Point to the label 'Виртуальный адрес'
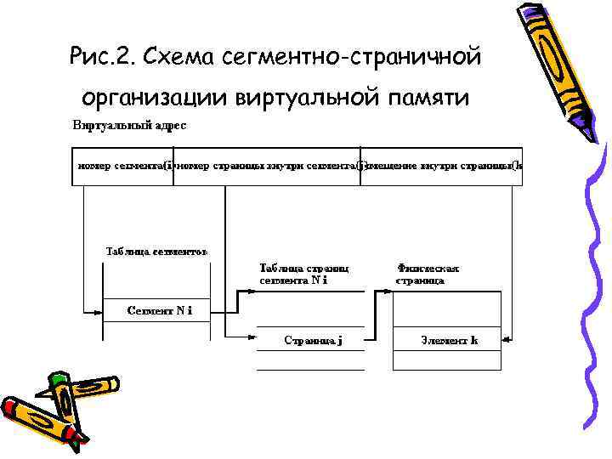[129, 126]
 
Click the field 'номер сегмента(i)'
[125, 166]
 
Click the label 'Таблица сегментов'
[156, 252]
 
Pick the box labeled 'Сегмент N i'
[158, 310]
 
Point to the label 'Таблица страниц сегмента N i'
[303, 274]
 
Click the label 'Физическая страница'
[428, 274]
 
